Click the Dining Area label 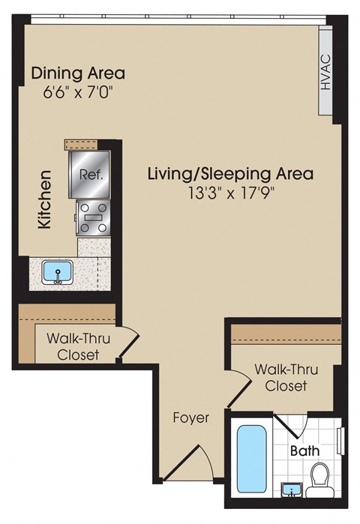click(x=77, y=73)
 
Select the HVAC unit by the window click(x=325, y=72)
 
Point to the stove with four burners click(x=93, y=218)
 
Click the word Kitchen click(x=45, y=199)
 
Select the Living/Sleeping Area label click(x=229, y=174)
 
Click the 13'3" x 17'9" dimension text click(x=229, y=192)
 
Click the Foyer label click(x=190, y=418)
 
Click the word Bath click(x=304, y=451)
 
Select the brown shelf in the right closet click(x=285, y=333)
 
